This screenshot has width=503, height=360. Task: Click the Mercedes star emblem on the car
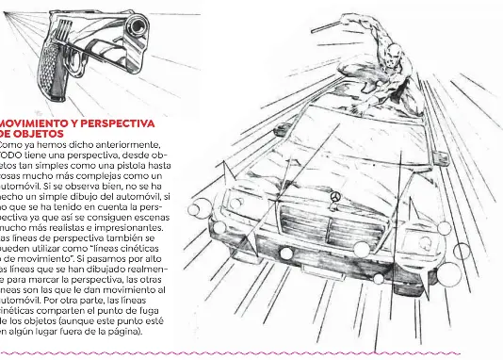coord(334,195)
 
